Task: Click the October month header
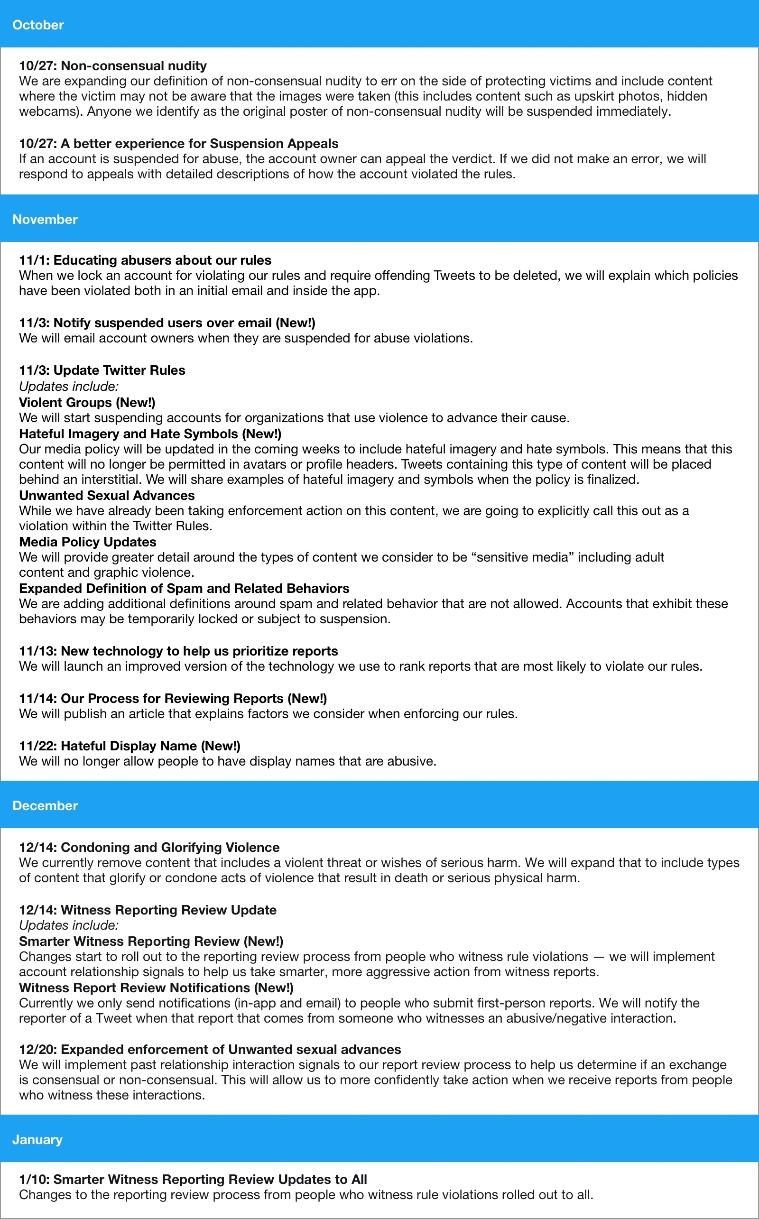(x=38, y=25)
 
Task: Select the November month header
(x=45, y=219)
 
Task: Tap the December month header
(x=45, y=805)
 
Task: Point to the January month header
(x=37, y=1140)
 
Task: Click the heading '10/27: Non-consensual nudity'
(x=113, y=66)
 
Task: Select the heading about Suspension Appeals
(x=179, y=144)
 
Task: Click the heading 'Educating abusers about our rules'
(x=145, y=260)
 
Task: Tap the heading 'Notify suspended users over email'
(x=167, y=323)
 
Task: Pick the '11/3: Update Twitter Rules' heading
(x=102, y=370)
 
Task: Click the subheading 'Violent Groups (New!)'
(x=87, y=403)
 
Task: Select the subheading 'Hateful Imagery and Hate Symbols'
(x=150, y=434)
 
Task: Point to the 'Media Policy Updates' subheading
(x=88, y=542)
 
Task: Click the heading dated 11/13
(x=178, y=651)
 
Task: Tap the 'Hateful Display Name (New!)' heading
(x=130, y=746)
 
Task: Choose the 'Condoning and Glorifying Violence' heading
(x=149, y=847)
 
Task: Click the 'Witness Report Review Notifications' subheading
(x=156, y=988)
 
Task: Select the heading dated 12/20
(x=210, y=1049)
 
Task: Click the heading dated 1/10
(x=193, y=1179)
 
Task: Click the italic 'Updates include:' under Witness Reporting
(x=69, y=925)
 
